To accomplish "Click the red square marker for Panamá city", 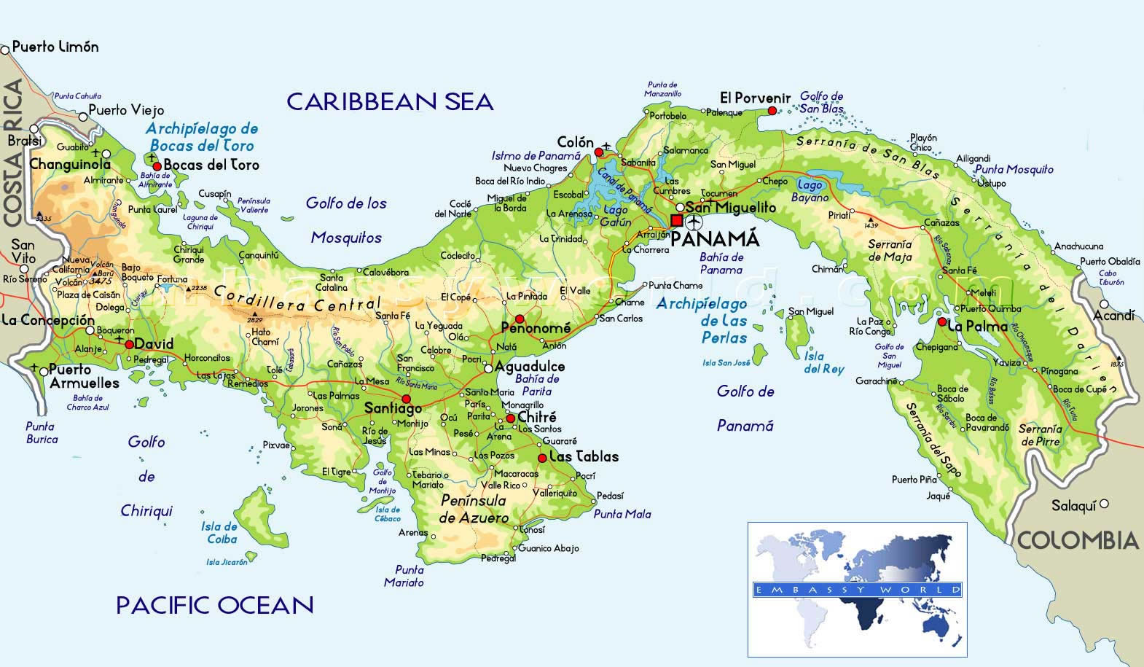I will [677, 220].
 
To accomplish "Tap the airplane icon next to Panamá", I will [694, 221].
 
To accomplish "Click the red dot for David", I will [129, 345].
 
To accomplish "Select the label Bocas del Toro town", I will [211, 165].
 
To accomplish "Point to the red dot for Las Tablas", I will [542, 458].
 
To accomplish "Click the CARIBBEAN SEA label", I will [390, 101].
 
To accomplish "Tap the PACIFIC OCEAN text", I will [215, 605].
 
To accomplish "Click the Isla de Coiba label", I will [219, 533].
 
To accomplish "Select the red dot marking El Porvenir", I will [772, 111].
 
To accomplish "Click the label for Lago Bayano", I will [810, 191].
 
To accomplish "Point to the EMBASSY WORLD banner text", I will [857, 589].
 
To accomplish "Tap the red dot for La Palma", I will [942, 321].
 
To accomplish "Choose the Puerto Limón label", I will [55, 47].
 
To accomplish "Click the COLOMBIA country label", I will [1077, 540].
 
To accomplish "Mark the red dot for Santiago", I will [407, 399].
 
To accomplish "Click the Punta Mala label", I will [622, 514].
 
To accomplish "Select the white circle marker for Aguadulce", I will [488, 367].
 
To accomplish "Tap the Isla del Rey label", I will [823, 363].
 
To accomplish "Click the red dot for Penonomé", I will [520, 319].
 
